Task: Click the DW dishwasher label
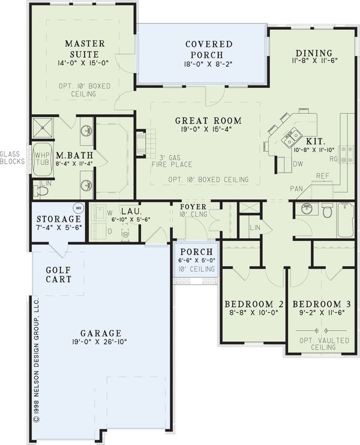point(297,164)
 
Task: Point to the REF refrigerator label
point(323,176)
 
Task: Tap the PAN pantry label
point(296,188)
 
